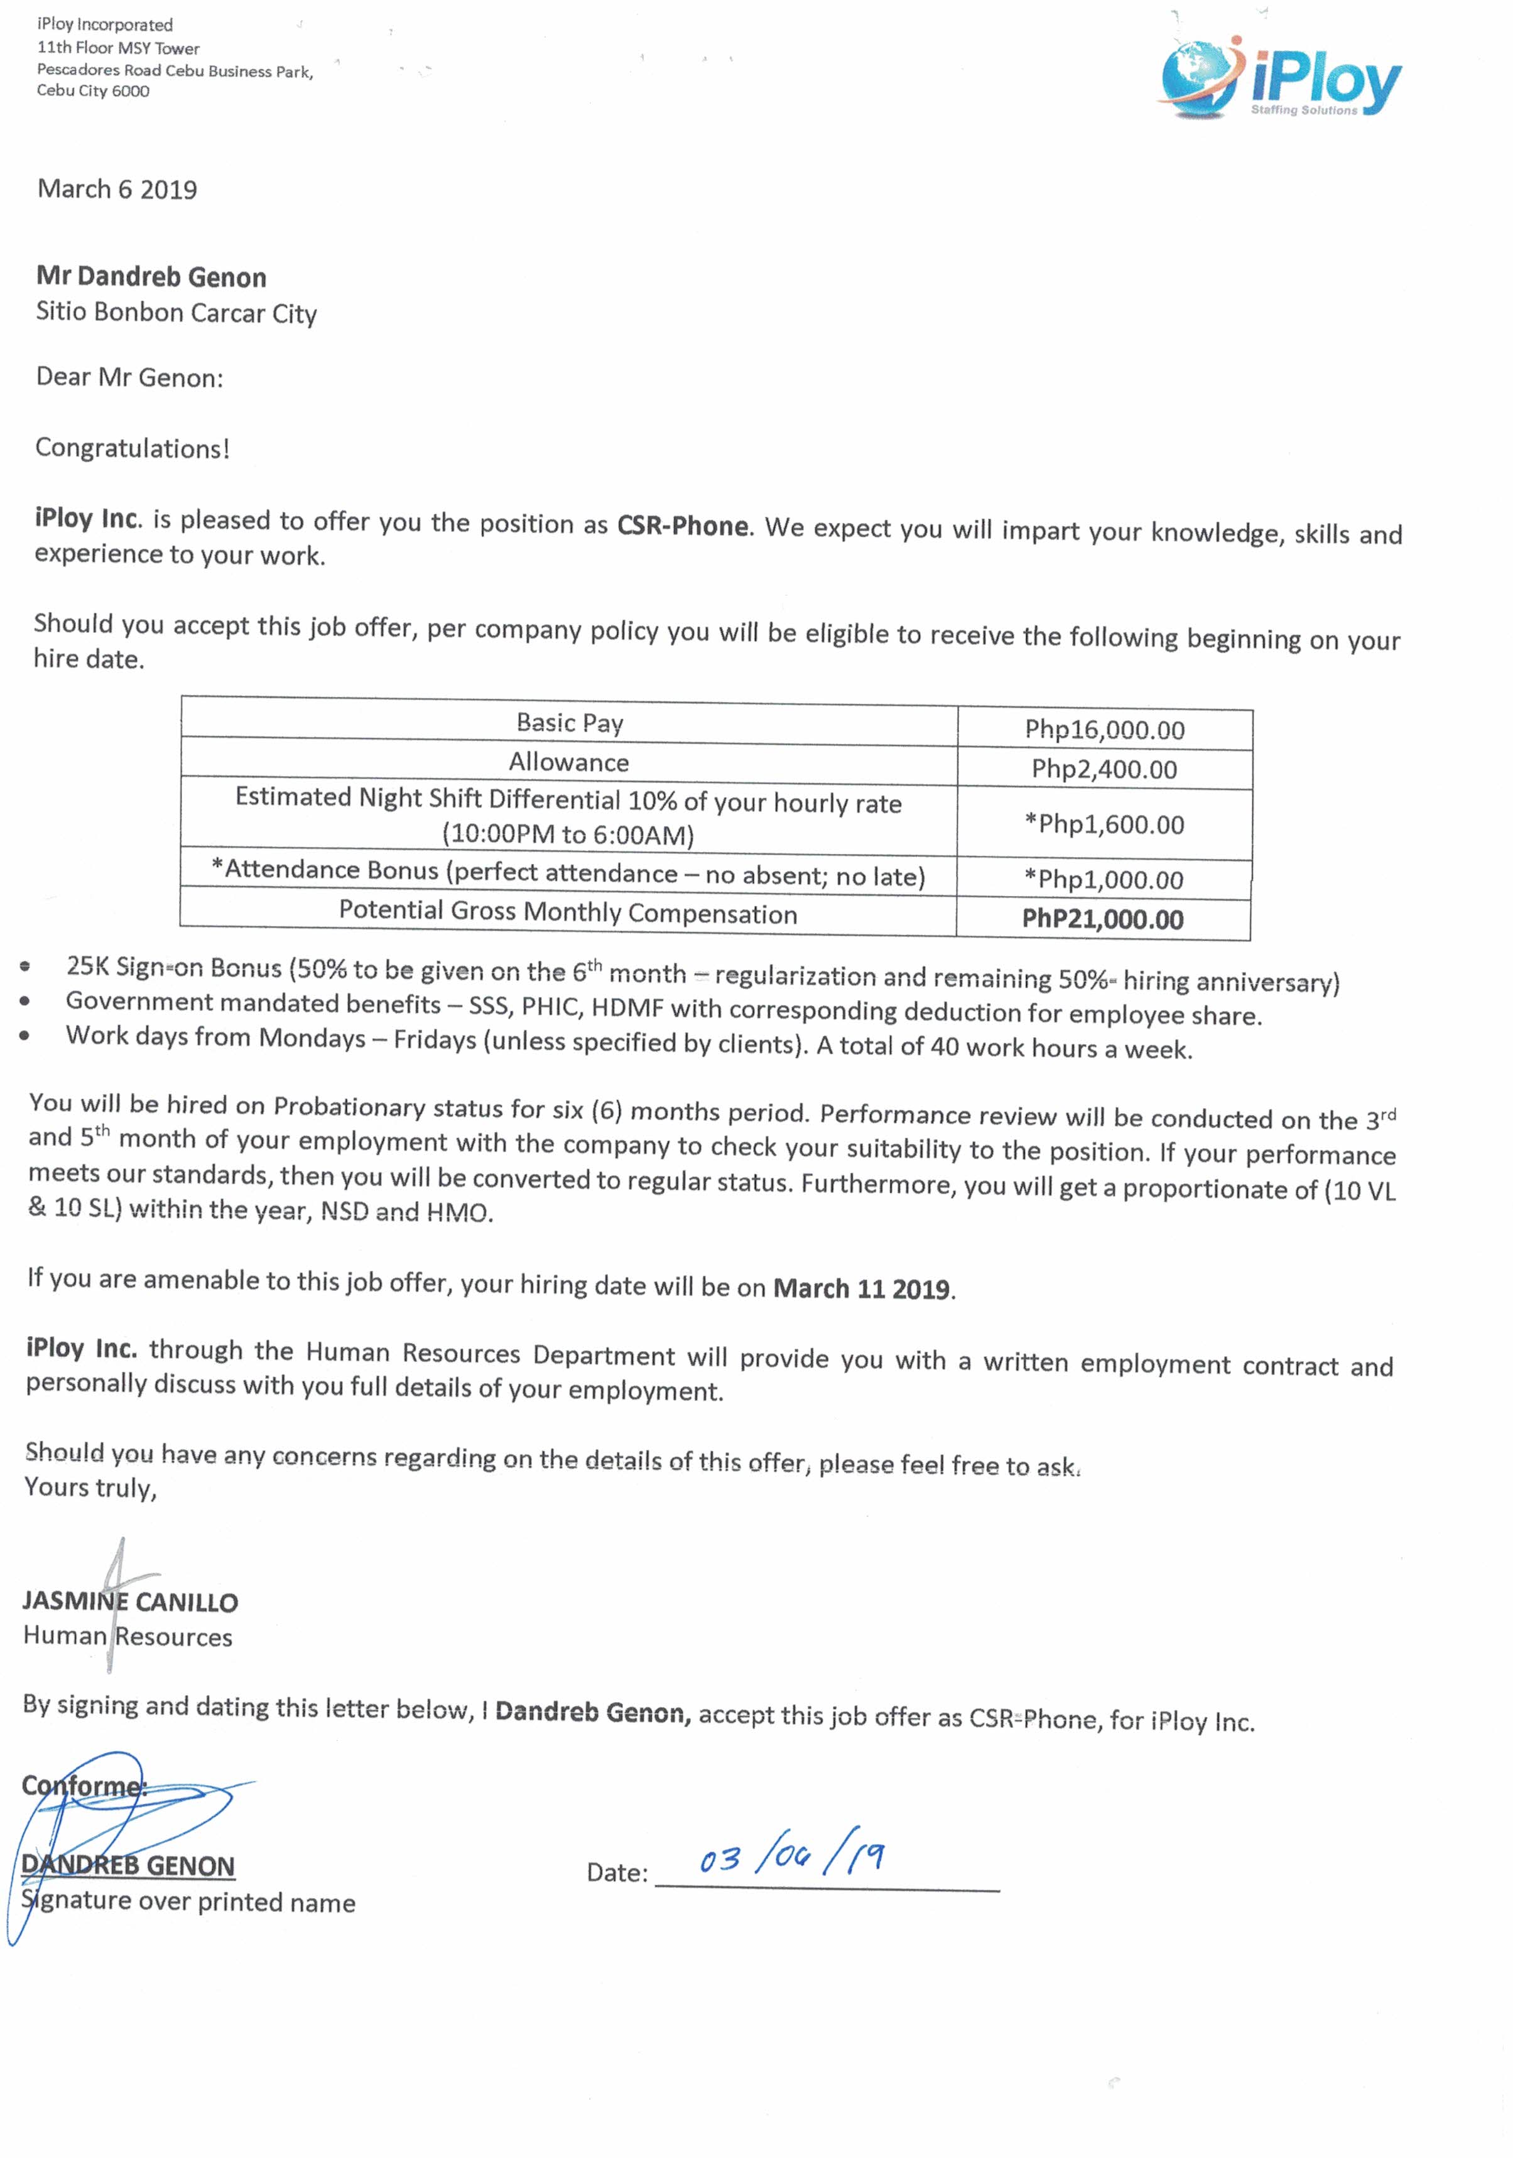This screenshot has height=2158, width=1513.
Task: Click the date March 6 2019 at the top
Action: (117, 190)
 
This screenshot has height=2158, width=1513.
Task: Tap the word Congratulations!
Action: (133, 448)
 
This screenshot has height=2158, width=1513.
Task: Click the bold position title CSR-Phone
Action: (683, 526)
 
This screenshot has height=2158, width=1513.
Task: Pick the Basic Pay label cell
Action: (570, 723)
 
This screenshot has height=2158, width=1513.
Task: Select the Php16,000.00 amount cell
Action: (1104, 730)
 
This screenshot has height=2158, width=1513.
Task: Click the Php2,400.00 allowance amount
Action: (1104, 769)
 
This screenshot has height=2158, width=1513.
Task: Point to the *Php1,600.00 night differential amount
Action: (1104, 824)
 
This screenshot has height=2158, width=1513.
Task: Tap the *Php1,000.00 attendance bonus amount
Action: (1104, 880)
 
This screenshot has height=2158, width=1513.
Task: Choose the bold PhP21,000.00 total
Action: (1102, 919)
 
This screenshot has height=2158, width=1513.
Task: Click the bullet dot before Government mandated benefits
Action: (24, 1003)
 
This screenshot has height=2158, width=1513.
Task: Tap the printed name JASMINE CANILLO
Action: (131, 1602)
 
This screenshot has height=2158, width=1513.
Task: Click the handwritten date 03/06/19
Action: (790, 1856)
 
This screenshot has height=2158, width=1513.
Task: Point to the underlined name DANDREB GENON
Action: (128, 1865)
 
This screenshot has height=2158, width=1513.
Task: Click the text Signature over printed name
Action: (188, 1902)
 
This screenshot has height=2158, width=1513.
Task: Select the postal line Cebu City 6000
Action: (93, 91)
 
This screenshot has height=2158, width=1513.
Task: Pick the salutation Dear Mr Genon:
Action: (130, 378)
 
